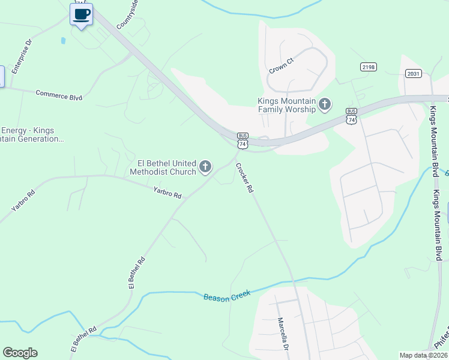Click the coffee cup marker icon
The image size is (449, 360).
point(81,14)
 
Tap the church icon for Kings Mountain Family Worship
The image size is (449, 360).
point(325,105)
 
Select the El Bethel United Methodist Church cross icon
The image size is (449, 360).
point(205,167)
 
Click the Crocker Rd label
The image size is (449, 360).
point(244,178)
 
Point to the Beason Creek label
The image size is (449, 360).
point(226,296)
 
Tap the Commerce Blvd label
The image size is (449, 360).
point(59,95)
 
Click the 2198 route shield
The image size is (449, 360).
point(369,67)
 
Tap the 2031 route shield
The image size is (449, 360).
point(413,73)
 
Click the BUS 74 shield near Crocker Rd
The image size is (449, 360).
point(243,140)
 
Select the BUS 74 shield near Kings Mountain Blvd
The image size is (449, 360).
point(352,116)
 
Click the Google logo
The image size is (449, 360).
point(20,353)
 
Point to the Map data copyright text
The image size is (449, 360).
point(423,355)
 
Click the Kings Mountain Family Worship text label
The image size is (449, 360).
point(287,106)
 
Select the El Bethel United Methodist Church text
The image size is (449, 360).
point(167,167)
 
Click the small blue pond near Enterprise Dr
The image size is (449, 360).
point(63,41)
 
